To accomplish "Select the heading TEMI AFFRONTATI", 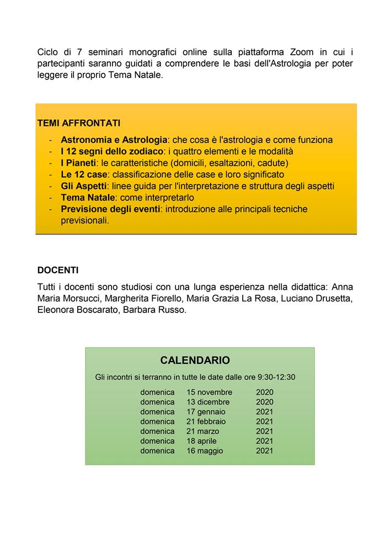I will click(78, 123).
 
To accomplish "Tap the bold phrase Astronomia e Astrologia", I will click(114, 140).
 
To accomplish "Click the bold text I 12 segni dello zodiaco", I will click(112, 151).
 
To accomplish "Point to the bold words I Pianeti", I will click(79, 163).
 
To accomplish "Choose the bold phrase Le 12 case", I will click(84, 174).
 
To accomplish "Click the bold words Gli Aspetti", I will click(84, 186).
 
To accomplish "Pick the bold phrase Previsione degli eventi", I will click(110, 209).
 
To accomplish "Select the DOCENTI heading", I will click(58, 270).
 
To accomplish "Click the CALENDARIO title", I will click(195, 360).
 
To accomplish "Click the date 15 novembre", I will click(210, 392).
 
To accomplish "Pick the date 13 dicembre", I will click(208, 402).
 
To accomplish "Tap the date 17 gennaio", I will click(206, 412).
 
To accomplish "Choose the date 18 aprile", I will click(201, 441).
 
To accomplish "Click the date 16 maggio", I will click(205, 451).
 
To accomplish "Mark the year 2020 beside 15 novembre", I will click(265, 392).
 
